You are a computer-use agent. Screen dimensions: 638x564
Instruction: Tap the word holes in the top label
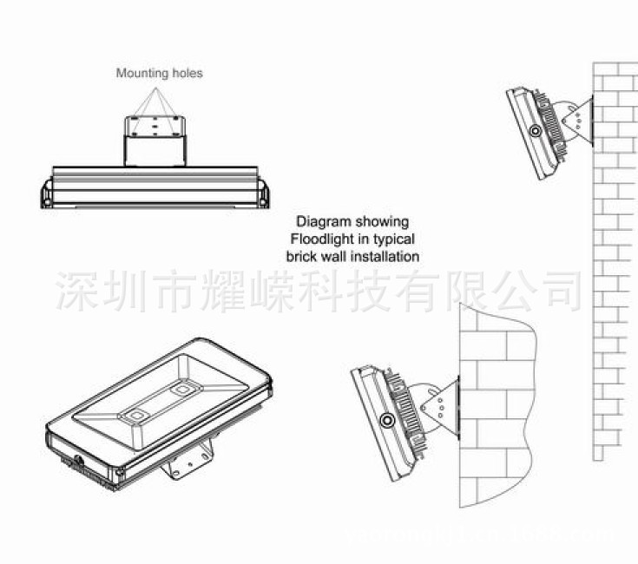point(187,74)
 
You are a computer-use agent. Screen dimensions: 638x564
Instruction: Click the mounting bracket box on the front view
point(156,140)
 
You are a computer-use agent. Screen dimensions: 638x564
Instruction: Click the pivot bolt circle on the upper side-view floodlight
point(536,131)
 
